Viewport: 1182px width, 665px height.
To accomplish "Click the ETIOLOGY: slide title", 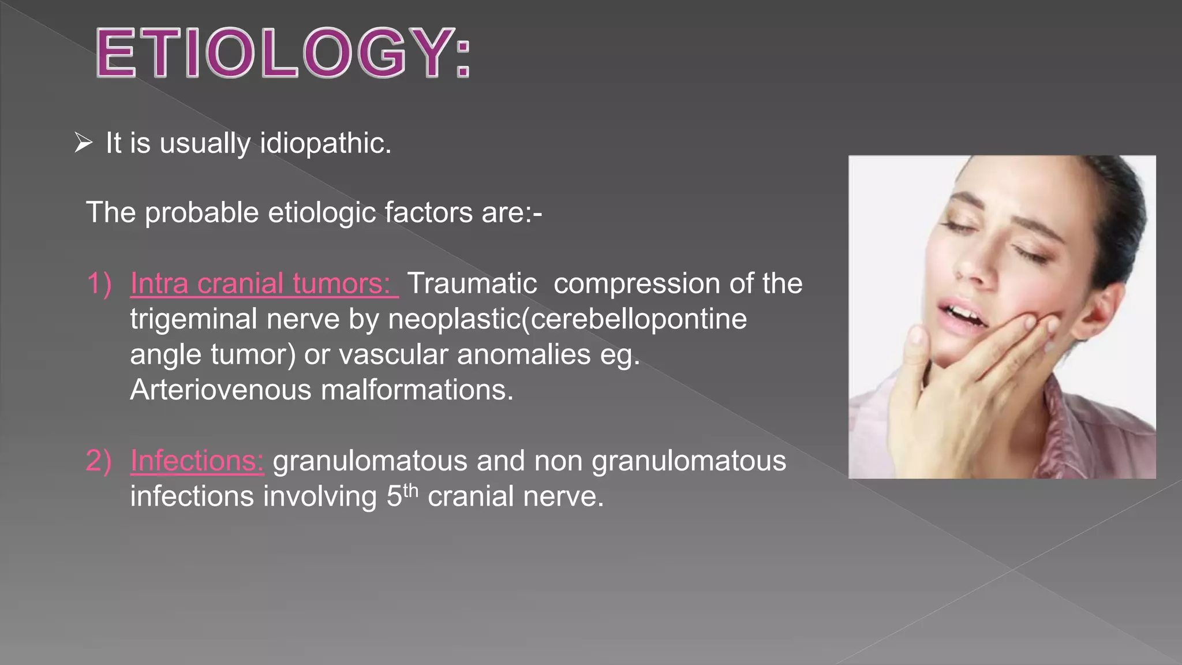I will pos(283,53).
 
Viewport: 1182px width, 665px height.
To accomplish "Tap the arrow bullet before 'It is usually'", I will pos(84,143).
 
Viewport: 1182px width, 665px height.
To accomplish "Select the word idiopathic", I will pos(326,143).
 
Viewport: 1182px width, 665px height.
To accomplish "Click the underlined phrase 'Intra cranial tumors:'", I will pos(264,283).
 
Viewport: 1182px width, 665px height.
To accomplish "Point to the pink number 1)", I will pos(99,283).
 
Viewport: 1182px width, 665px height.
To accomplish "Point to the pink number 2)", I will pos(99,461).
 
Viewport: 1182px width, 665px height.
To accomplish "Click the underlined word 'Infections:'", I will pos(197,461).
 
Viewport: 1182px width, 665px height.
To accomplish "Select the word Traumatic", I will pos(472,283).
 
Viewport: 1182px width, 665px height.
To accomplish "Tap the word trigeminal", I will pos(193,319).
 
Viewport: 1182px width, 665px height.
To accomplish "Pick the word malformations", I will pos(417,390).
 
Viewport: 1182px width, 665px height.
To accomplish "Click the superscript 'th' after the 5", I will pos(410,490).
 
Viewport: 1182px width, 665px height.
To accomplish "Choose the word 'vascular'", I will pos(393,354).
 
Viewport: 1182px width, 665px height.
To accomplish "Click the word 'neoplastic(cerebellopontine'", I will pos(567,319).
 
